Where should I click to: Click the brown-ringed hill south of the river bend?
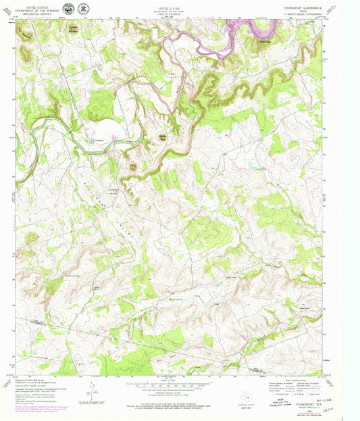132,166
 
